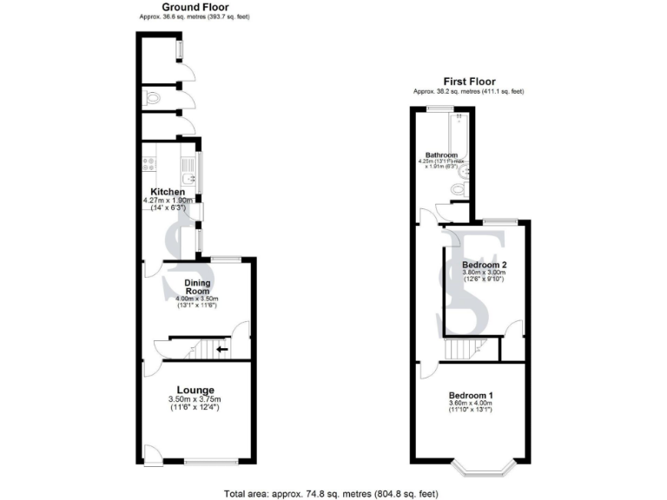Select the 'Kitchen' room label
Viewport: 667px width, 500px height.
click(168, 191)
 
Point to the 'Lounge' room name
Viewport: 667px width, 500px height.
click(195, 390)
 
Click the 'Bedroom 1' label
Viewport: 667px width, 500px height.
click(471, 396)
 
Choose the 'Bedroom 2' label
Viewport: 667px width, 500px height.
click(484, 265)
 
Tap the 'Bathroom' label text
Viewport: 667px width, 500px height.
click(440, 155)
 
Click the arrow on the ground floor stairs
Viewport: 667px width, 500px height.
click(221, 350)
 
